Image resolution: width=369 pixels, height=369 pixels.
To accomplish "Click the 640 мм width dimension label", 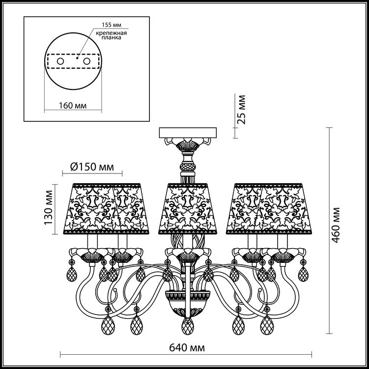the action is pos(187,347).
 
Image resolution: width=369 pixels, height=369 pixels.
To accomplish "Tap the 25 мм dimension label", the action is pos(241,110).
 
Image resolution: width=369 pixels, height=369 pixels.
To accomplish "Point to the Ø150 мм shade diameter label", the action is pos(92,167).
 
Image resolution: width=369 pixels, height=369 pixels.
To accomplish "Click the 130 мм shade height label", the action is pos(49,207).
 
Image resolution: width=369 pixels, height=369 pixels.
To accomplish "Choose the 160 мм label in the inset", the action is pos(73,106).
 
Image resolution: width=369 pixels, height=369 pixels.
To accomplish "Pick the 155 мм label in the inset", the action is pos(112,25).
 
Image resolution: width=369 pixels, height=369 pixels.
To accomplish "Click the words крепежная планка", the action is pos(112,35).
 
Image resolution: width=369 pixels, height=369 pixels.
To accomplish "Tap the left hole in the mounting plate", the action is pos(60,61).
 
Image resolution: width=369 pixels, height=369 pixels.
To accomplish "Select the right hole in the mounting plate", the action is pos(87,61).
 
